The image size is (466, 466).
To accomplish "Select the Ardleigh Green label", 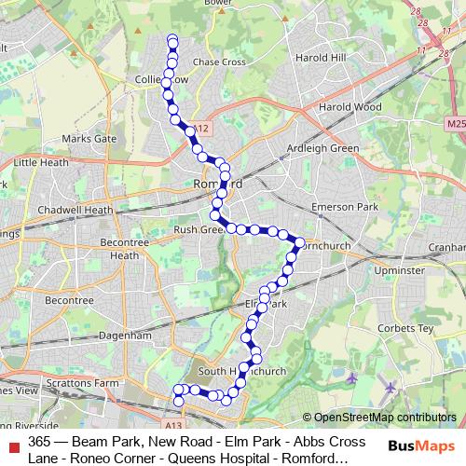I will pos(322,148).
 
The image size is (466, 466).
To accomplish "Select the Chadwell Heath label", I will pos(75,211).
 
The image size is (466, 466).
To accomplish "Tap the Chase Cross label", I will pos(218,62).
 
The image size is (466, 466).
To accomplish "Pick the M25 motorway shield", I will pos(455,123).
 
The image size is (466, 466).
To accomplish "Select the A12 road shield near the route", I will pos(204,129).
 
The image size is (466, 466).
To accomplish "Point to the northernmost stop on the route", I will pos(171,39).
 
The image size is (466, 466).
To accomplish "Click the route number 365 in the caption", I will pos(39,441).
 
